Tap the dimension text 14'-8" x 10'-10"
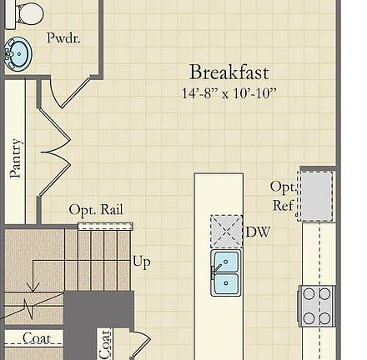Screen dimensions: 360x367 (x=229, y=92)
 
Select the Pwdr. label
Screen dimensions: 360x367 (x=63, y=38)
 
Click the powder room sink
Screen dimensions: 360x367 (x=16, y=55)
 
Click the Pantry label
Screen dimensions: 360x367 (x=14, y=157)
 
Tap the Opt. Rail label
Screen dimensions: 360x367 (x=95, y=209)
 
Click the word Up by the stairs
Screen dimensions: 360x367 (x=141, y=262)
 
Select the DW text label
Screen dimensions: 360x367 (x=258, y=232)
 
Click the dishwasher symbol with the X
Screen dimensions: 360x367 (x=226, y=231)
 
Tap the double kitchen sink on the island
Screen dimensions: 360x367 (x=225, y=272)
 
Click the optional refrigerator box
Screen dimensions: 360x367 (x=316, y=195)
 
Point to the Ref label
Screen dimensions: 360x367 (x=282, y=205)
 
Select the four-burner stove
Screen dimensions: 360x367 (x=317, y=306)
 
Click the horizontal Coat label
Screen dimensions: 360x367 (x=36, y=337)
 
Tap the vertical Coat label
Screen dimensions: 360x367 (x=105, y=343)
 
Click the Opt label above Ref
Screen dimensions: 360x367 (x=282, y=187)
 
